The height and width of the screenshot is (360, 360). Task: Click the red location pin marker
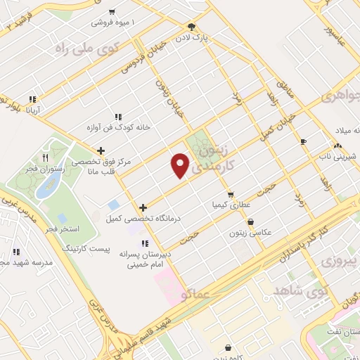[x=181, y=165]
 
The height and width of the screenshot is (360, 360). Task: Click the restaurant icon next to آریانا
[x=32, y=100]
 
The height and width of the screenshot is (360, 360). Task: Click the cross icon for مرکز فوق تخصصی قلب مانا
[x=102, y=150]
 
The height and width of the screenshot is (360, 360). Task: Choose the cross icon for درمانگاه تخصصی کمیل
[x=143, y=207]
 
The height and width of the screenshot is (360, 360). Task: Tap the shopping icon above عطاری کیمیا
[x=230, y=195]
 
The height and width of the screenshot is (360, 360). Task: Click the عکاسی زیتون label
[x=265, y=231]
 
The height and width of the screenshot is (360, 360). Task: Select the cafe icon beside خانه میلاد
[x=303, y=141]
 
